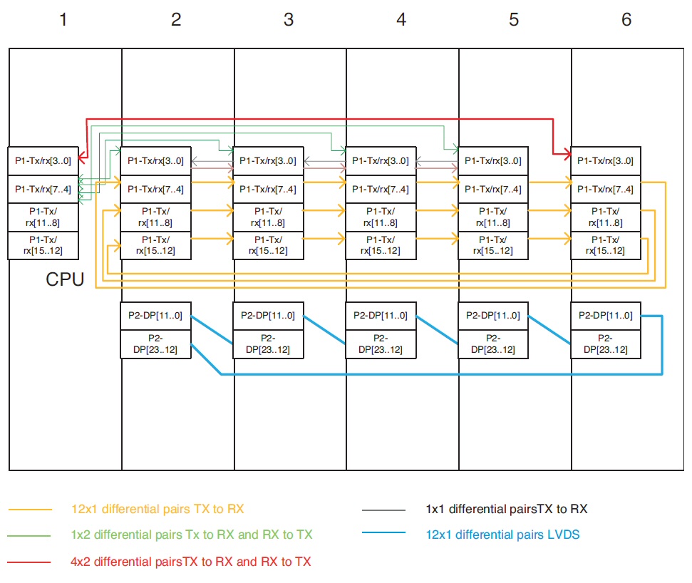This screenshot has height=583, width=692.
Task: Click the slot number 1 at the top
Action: click(x=63, y=20)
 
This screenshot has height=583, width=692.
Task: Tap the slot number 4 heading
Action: click(x=401, y=20)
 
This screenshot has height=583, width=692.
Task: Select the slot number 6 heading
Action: click(x=626, y=20)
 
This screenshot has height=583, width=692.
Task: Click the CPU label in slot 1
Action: click(x=65, y=279)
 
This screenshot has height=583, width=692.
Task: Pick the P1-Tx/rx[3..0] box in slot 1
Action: click(x=43, y=161)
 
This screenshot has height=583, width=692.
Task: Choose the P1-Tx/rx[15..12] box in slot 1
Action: click(x=43, y=245)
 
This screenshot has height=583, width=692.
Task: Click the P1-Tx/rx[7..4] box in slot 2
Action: click(x=155, y=189)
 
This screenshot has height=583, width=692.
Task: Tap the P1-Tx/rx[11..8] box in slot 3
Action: click(x=268, y=217)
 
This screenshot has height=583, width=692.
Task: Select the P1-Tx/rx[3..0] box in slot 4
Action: click(x=381, y=161)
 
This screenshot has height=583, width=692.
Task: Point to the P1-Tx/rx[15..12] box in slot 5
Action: click(x=493, y=245)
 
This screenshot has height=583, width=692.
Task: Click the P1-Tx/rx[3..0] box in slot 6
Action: click(x=606, y=161)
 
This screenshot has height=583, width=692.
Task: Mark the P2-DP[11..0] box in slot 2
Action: click(x=155, y=316)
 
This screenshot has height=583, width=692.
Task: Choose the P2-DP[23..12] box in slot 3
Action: click(x=268, y=344)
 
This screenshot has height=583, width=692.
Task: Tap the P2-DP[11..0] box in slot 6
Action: click(x=606, y=316)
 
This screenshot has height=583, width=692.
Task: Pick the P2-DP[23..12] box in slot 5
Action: click(x=493, y=344)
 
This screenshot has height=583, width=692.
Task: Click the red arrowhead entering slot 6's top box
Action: click(x=567, y=153)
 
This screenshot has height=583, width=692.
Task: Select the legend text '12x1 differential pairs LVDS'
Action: click(x=502, y=535)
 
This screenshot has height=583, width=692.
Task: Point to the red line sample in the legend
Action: click(x=30, y=562)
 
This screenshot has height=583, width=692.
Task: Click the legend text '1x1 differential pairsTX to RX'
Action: click(x=507, y=509)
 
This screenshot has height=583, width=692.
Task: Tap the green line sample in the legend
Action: click(x=30, y=535)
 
